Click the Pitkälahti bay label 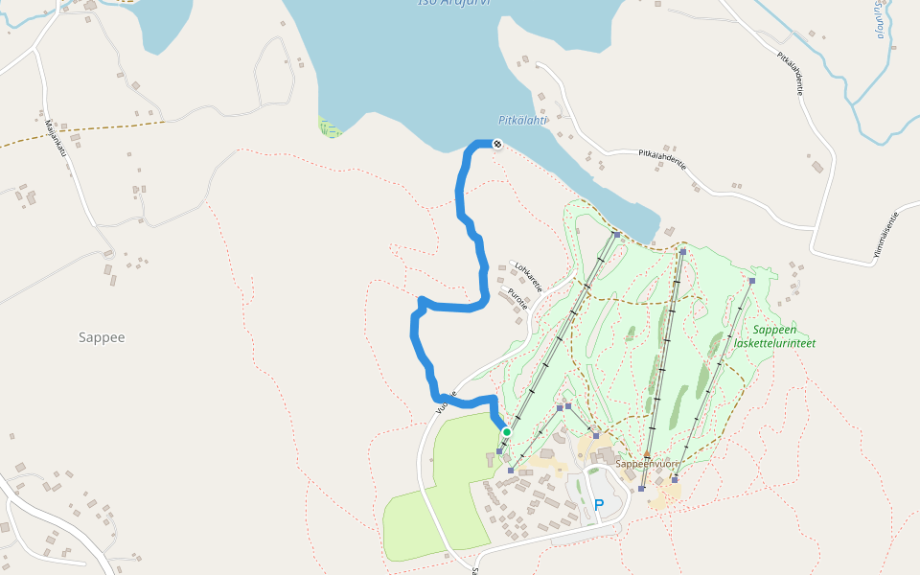tap(522, 121)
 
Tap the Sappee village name tap(103, 337)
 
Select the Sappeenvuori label tap(647, 464)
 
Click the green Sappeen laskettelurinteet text tap(783, 335)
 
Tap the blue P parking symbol tap(599, 504)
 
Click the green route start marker tap(506, 432)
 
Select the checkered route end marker tap(497, 144)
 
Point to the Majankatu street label tap(54, 136)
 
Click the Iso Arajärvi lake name tap(454, 3)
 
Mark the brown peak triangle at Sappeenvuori tap(647, 454)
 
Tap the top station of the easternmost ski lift tap(752, 281)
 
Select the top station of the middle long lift tap(682, 252)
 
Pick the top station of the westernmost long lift tap(616, 235)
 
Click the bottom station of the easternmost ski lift tap(675, 479)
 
